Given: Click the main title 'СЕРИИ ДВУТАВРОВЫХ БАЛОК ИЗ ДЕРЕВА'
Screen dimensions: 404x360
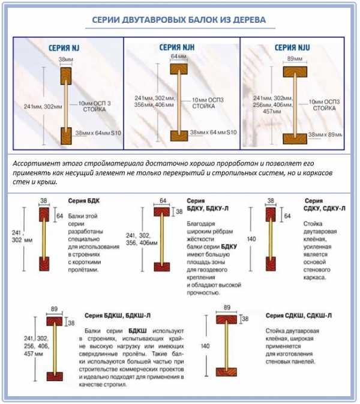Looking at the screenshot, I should click(x=178, y=20).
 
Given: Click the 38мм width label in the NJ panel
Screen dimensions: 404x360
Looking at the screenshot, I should click(x=65, y=60).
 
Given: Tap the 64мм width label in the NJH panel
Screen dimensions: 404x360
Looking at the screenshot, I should click(x=175, y=56).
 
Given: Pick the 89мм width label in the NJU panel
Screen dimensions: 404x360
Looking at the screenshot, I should click(x=295, y=58).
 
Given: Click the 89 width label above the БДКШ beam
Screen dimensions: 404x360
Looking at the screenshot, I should click(x=54, y=309).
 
